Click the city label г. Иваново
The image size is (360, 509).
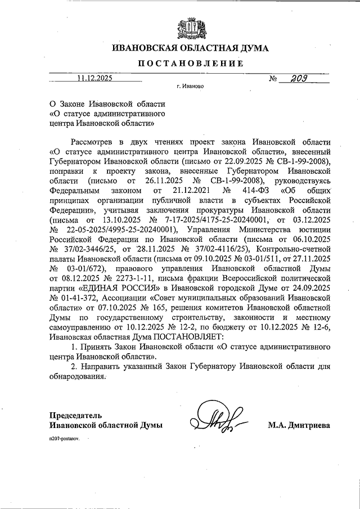[190, 87]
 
